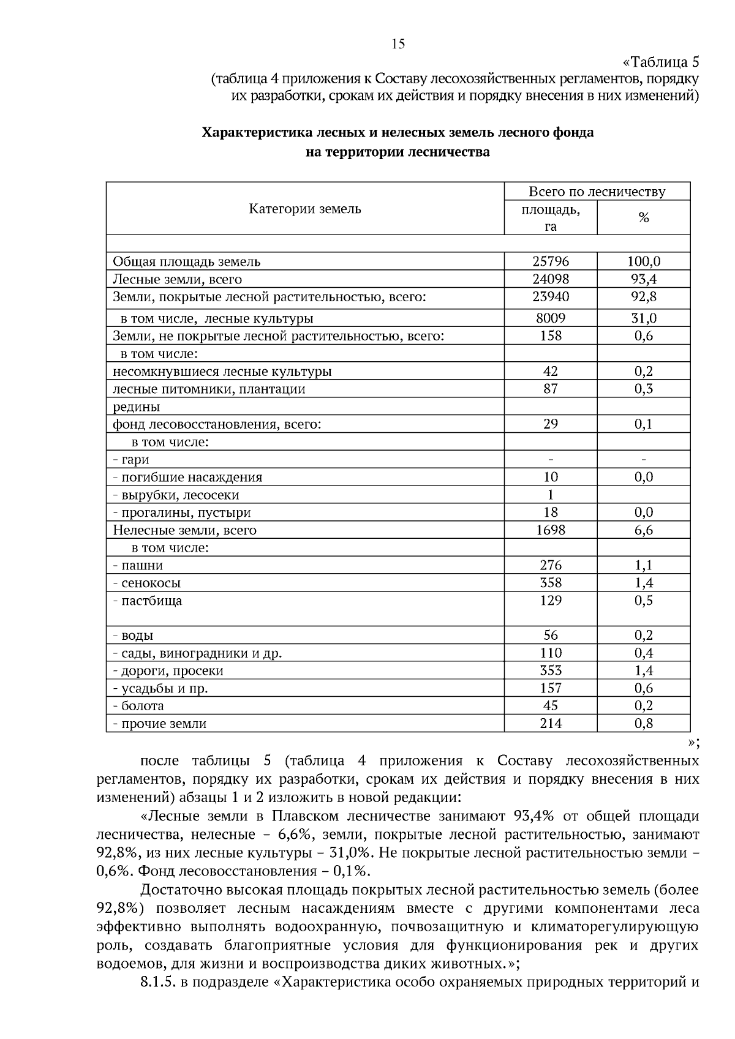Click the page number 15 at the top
398,44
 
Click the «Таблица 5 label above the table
660,62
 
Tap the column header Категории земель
304,209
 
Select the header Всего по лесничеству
597,192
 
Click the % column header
643,218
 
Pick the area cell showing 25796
550,261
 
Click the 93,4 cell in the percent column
643,279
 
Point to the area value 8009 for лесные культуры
550,318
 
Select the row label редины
136,407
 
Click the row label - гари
131,460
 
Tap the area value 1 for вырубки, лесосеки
550,495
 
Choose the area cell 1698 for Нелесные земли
550,530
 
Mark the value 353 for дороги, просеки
550,670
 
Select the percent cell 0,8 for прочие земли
643,724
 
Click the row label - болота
138,706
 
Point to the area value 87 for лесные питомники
550,389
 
